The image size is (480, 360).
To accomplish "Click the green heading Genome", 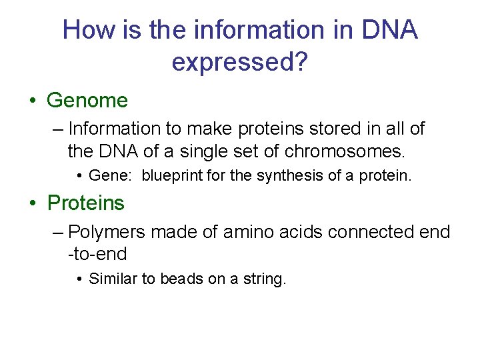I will [x=87, y=101].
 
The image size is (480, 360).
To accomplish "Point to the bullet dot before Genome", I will [x=33, y=101].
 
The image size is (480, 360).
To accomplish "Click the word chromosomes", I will [x=343, y=151].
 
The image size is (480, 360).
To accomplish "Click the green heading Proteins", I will [x=86, y=203].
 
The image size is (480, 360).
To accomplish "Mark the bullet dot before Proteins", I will [x=33, y=203].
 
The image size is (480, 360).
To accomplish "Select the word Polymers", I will [x=107, y=232].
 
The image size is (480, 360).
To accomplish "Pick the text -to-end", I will [x=97, y=255].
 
